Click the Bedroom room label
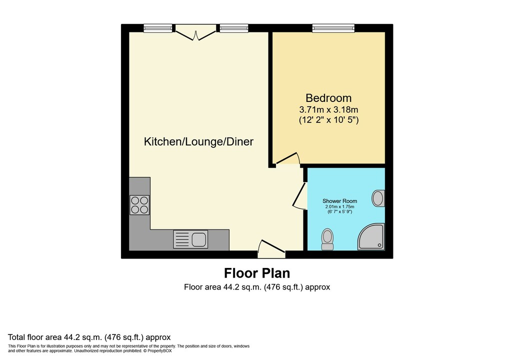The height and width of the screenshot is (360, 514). (328, 98)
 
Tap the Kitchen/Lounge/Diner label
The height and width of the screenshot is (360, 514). (198, 141)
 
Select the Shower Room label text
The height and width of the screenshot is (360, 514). (339, 201)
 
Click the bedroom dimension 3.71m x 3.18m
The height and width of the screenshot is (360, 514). (328, 109)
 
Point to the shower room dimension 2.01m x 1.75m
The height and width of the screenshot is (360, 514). (339, 207)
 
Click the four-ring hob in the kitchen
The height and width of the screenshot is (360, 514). (139, 205)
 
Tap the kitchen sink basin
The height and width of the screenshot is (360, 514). (199, 239)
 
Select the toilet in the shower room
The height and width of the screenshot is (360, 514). (327, 239)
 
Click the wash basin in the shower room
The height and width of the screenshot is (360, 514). (378, 198)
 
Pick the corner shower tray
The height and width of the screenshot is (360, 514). (371, 236)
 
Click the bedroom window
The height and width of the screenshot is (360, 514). (333, 28)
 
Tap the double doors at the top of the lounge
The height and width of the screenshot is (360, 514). (195, 33)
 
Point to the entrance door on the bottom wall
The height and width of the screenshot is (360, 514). (271, 249)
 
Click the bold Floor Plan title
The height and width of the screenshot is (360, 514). (257, 273)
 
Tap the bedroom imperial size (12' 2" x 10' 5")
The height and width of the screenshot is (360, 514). (329, 120)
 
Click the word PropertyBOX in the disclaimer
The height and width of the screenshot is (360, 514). (159, 351)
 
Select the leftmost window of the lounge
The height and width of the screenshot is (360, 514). (158, 28)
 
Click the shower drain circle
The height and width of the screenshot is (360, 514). (380, 245)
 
